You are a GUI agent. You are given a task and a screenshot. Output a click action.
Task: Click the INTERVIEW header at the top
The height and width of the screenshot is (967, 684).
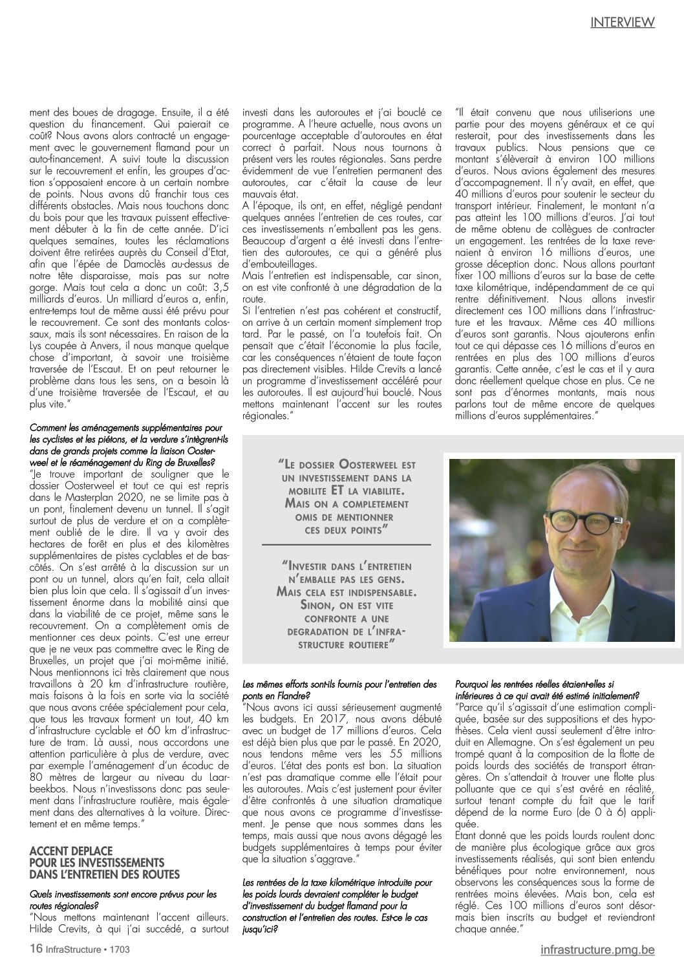click(x=622, y=22)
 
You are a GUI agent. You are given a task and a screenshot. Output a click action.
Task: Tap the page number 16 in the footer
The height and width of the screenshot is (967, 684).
click(x=36, y=949)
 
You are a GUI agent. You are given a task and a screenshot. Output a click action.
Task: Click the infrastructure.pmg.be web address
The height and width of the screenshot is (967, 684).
click(x=597, y=950)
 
